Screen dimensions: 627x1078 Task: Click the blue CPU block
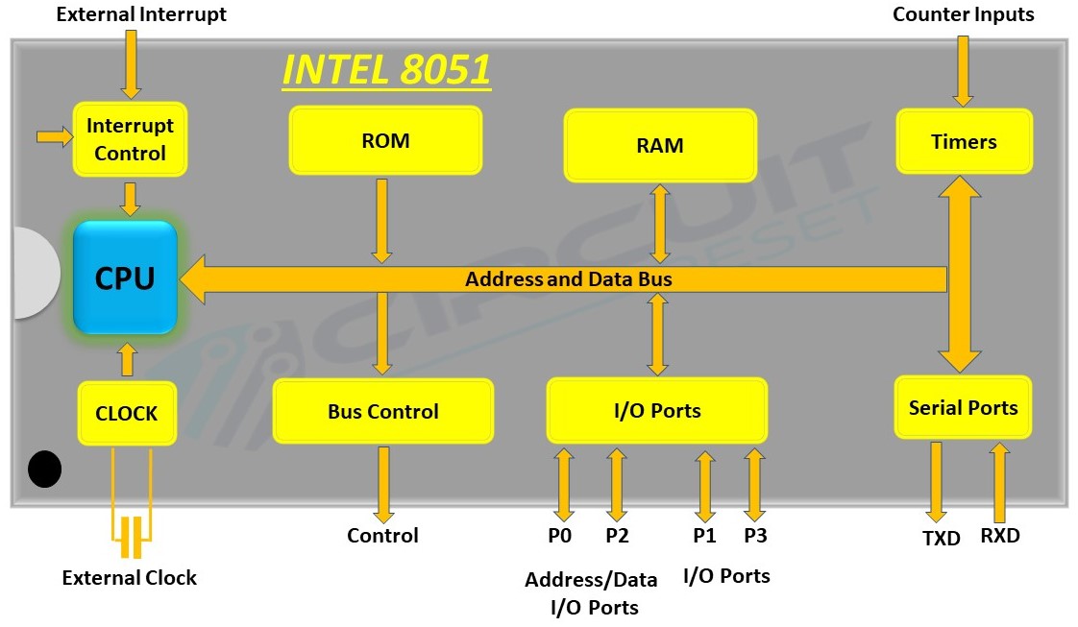pos(126,277)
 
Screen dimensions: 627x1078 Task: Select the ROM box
pos(385,141)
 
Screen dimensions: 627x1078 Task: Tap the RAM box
pos(660,146)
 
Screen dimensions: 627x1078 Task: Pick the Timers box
pos(964,142)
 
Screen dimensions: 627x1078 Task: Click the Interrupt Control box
pos(130,139)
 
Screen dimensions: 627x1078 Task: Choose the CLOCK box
pos(127,414)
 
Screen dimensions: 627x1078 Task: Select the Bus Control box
pos(382,411)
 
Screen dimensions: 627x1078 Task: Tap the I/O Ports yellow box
pos(657,411)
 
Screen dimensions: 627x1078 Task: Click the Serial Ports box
pos(963,408)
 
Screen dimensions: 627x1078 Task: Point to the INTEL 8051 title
pos(386,70)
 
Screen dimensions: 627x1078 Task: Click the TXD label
pos(941,539)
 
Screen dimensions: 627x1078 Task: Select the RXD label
pos(1000,536)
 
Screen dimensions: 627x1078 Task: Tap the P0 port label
pos(560,536)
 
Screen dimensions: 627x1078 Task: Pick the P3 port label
pos(755,536)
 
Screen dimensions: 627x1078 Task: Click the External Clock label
pos(130,578)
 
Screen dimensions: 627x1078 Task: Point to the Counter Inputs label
pos(964,14)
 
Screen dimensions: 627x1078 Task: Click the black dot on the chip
pos(44,469)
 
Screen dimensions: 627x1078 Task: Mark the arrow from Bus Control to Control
pos(383,485)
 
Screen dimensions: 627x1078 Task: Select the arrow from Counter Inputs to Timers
pos(963,69)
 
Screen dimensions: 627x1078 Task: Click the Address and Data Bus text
pos(568,279)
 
